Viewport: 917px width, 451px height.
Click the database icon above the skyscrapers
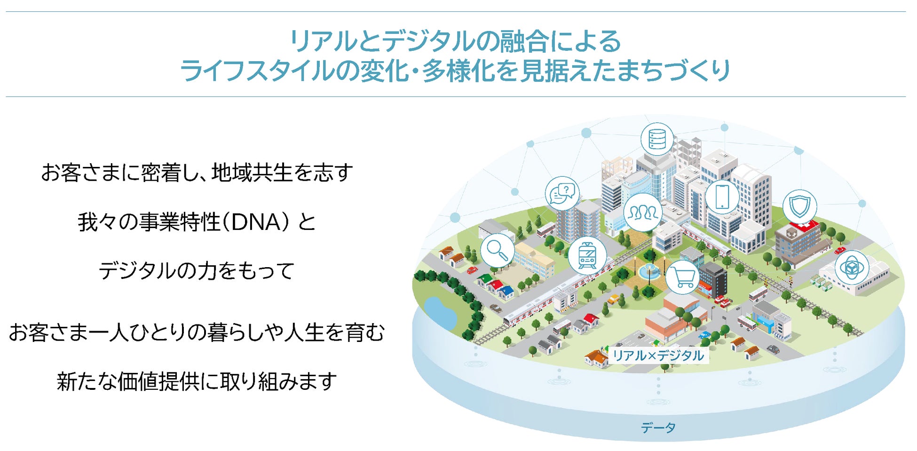click(657, 139)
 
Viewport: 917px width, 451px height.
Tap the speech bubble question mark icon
click(562, 193)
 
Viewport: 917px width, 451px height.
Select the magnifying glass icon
click(498, 250)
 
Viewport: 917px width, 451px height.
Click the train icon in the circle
click(587, 255)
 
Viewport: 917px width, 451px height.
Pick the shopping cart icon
click(682, 277)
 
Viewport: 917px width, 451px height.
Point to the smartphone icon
click(722, 197)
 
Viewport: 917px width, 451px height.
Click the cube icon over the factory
click(852, 268)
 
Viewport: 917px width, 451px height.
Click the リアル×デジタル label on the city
click(658, 356)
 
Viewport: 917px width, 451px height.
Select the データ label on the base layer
click(658, 427)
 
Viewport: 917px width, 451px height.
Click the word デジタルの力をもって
click(197, 271)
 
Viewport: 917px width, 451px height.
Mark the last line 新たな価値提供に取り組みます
click(197, 381)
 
